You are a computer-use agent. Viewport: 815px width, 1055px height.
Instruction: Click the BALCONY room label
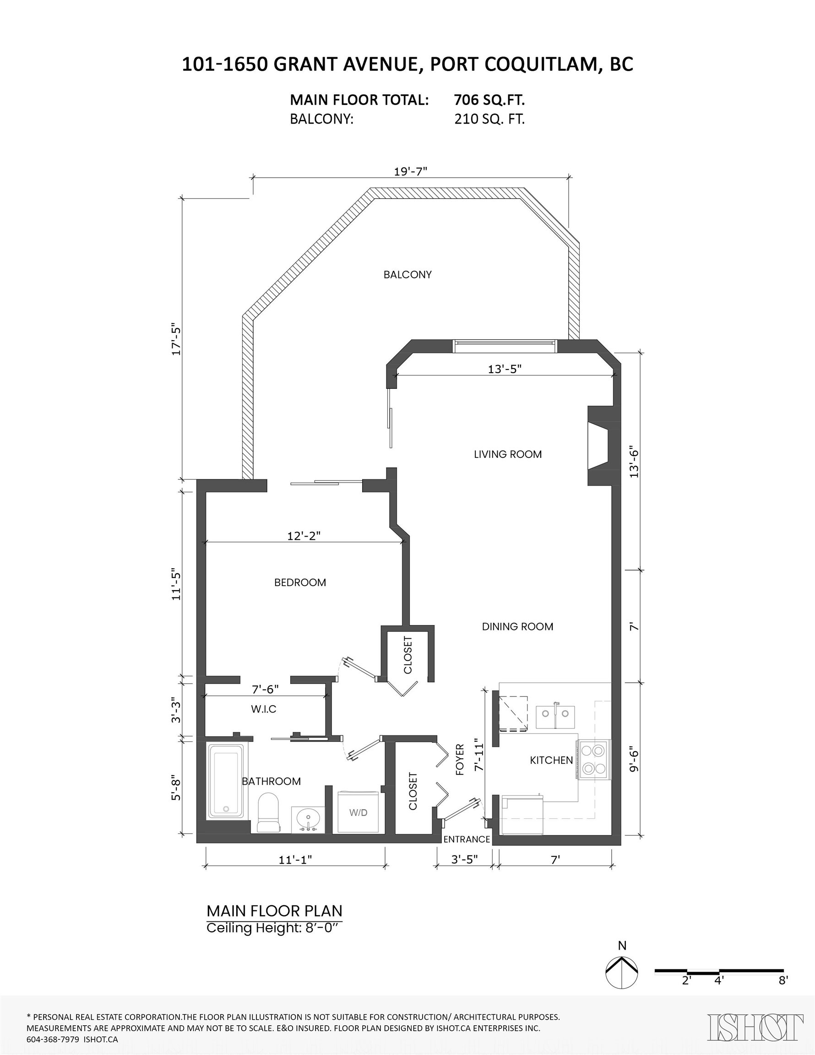coord(407,274)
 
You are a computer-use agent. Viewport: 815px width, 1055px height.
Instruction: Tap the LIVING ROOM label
coord(508,454)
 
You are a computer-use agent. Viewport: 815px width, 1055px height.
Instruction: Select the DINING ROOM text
coord(517,626)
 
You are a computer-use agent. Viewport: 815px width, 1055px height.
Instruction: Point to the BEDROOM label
coord(300,582)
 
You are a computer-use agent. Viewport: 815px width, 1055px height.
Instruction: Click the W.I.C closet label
coord(264,709)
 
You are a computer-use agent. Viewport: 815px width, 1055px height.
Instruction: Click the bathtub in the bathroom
coord(226,781)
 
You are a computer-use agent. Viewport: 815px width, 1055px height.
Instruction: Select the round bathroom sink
coord(307,819)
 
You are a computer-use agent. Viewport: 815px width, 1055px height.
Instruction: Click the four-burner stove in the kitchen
coord(594,759)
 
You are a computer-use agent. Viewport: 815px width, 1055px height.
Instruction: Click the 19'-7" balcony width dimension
coord(411,172)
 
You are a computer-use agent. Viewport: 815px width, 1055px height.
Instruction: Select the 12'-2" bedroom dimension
coord(304,536)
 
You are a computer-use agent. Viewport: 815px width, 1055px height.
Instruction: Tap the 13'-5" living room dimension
coord(505,369)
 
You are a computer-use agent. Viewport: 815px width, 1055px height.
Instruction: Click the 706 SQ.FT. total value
coord(489,100)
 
